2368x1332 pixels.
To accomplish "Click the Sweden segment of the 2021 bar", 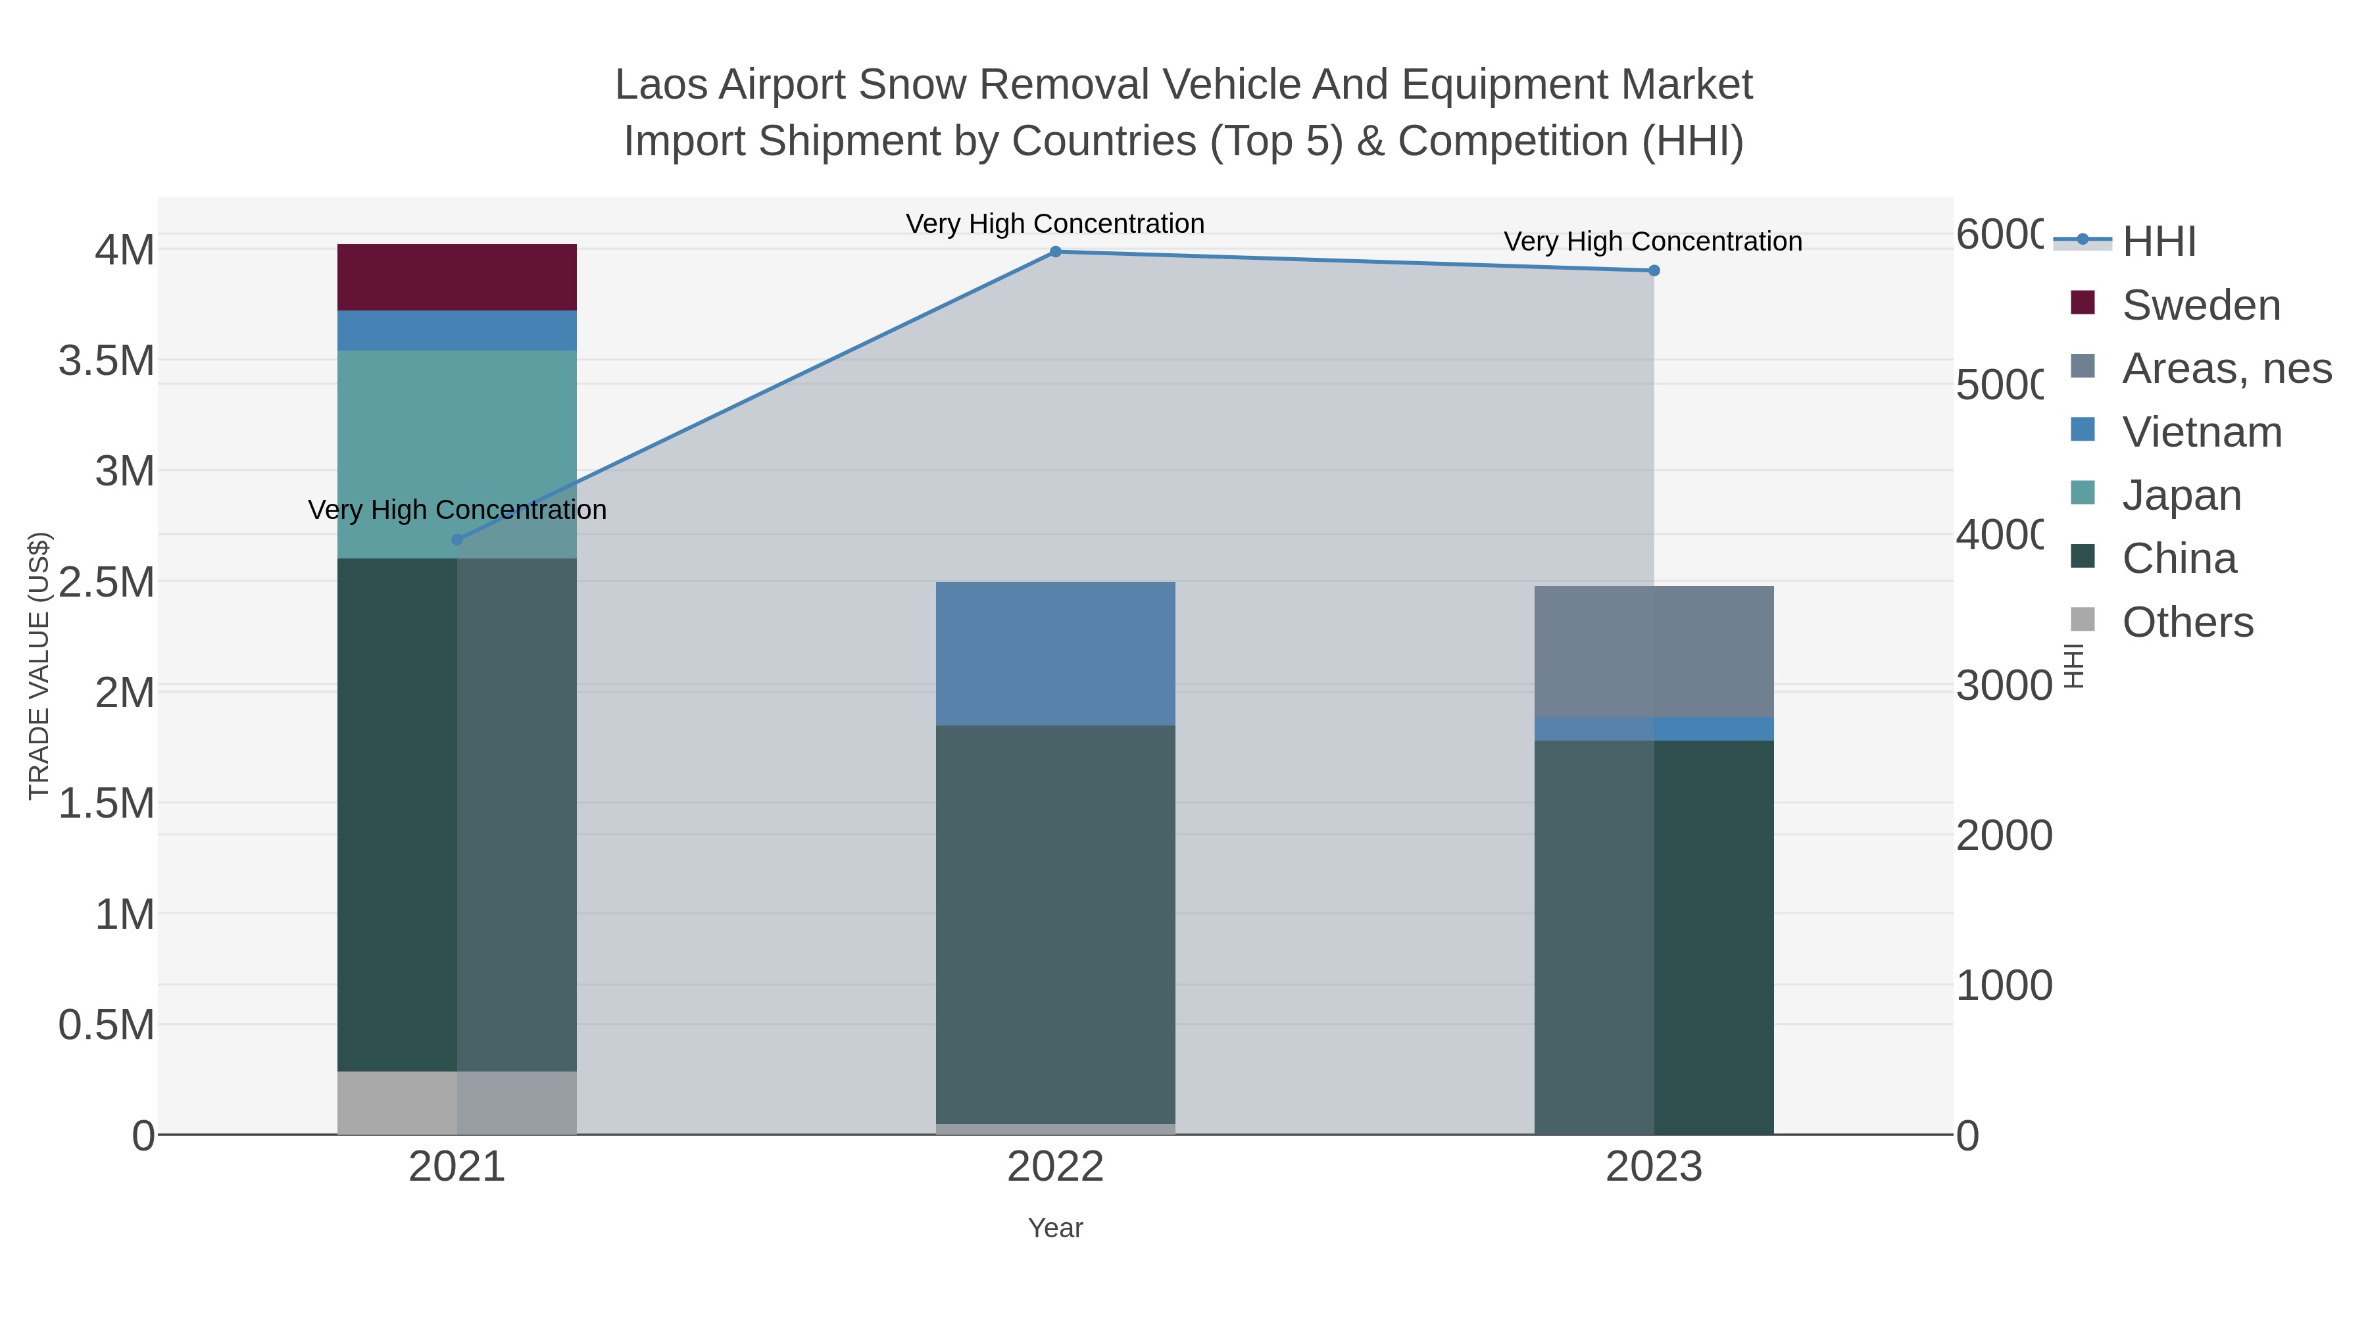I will coord(457,277).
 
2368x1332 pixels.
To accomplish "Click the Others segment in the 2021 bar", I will coord(457,1102).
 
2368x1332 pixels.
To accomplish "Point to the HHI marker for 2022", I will coord(1055,252).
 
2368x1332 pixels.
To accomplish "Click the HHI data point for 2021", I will coord(457,539).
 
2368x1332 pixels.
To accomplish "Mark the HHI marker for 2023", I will coord(1654,270).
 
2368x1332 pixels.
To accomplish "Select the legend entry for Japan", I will coord(2181,495).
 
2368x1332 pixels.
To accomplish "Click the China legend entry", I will coord(2179,559).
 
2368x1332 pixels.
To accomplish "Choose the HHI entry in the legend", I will coord(2158,242).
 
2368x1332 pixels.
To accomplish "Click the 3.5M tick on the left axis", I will coord(107,360).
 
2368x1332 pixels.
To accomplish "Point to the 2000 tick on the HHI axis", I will coord(2004,835).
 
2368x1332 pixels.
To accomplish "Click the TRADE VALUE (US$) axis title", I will coord(39,666).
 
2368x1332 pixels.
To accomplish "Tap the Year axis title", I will coord(1055,1228).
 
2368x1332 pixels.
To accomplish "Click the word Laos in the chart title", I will coord(662,85).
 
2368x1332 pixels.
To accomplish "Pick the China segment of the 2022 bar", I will coord(1055,924).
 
